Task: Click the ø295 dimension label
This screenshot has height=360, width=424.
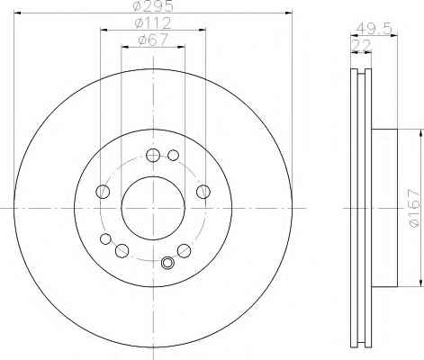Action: [x=153, y=5]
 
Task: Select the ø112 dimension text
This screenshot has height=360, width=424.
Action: [x=153, y=22]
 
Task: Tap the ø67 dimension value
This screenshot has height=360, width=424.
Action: [x=153, y=40]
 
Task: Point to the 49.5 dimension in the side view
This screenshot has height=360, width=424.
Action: [x=374, y=29]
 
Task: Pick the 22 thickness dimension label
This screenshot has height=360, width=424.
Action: [x=362, y=45]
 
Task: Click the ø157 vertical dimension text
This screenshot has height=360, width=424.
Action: [x=414, y=209]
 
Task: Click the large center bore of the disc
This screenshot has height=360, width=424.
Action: [x=153, y=208]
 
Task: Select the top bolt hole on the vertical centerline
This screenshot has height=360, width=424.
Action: [x=153, y=155]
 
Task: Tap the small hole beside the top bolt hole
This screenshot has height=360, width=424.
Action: [x=173, y=155]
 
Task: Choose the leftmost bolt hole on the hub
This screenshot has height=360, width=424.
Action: [x=103, y=192]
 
